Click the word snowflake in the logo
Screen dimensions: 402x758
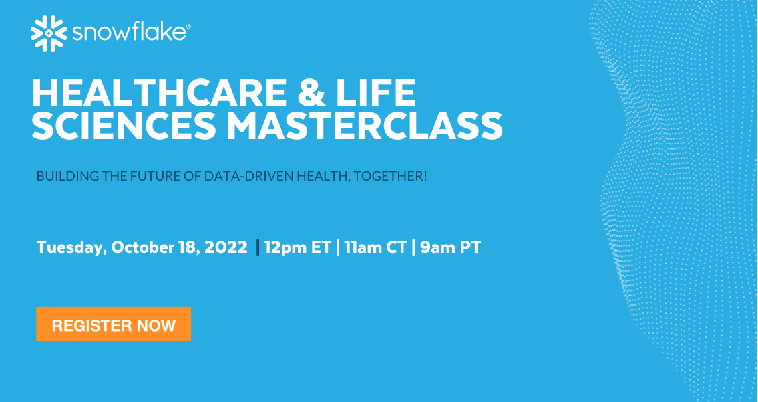tap(128, 33)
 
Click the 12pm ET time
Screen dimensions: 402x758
tap(298, 247)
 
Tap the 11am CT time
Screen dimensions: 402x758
tap(375, 247)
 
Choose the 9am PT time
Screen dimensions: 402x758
tap(450, 247)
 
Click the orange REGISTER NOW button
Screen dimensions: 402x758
tap(114, 325)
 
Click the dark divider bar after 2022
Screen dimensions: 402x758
tap(258, 247)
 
